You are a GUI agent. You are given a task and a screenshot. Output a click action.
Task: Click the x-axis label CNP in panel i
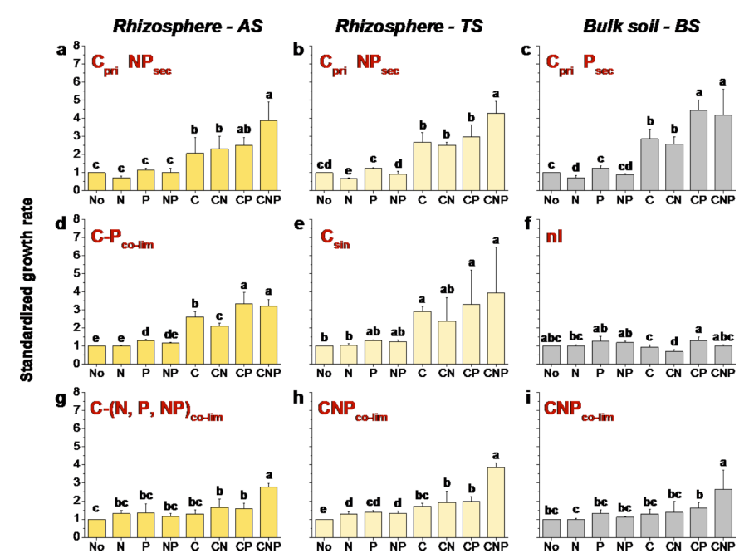click(x=722, y=547)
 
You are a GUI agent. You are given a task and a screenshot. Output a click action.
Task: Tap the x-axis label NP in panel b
click(x=399, y=200)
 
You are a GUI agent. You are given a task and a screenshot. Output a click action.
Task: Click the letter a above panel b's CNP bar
click(x=495, y=93)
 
